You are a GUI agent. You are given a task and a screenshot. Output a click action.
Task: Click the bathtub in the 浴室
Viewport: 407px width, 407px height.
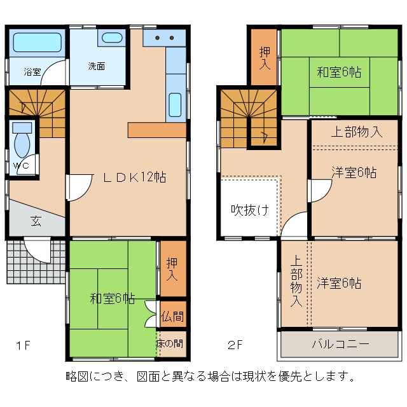(x=36, y=43)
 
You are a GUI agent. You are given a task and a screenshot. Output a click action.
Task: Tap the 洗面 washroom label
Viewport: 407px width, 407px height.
(x=97, y=66)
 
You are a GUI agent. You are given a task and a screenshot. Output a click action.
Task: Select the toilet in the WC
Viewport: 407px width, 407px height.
(x=22, y=143)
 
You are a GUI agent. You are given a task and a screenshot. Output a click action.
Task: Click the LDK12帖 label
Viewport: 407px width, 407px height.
(x=135, y=178)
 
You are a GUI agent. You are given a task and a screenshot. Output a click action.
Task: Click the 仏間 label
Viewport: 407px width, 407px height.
(x=172, y=316)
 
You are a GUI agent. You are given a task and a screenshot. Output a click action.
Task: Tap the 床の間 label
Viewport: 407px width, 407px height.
(x=171, y=343)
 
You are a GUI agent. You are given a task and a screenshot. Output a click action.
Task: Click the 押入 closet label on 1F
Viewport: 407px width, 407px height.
(x=172, y=270)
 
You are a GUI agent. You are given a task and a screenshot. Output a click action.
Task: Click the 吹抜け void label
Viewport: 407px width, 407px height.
(x=249, y=210)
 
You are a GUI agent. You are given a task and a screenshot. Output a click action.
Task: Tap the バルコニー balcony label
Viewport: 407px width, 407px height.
(x=340, y=345)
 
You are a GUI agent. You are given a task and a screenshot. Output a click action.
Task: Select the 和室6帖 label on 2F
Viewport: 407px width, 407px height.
(x=339, y=72)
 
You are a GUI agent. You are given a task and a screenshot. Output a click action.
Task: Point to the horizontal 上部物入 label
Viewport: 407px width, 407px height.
(x=356, y=132)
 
